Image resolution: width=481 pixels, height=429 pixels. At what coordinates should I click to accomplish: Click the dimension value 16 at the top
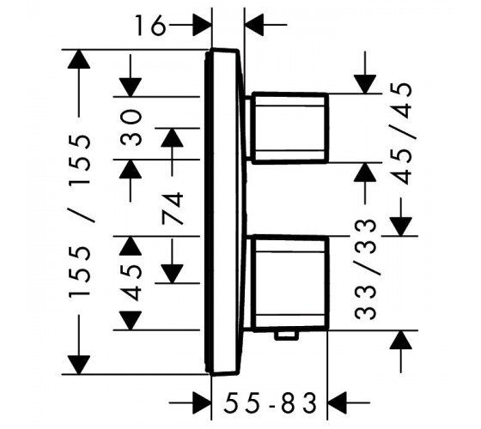[x=150, y=25]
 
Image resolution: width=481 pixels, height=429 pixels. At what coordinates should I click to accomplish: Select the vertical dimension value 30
[x=131, y=128]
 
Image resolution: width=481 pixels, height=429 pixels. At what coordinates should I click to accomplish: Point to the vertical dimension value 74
[x=173, y=208]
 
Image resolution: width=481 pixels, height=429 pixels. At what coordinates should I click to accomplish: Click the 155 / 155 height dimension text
[x=80, y=216]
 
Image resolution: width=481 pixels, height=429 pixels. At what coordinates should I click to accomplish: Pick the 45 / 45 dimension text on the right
[x=402, y=134]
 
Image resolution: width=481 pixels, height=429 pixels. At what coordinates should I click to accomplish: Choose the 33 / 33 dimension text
[x=365, y=269]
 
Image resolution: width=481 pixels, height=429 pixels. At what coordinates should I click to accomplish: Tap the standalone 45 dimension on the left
[x=131, y=283]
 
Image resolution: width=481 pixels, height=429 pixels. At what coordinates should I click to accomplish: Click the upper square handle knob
[x=290, y=127]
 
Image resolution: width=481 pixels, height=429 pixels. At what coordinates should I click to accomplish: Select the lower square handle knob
[x=290, y=283]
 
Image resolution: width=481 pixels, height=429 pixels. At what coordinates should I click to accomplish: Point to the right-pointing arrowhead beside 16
[x=202, y=25]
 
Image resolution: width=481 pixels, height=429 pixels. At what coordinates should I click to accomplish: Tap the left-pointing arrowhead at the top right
[x=255, y=25]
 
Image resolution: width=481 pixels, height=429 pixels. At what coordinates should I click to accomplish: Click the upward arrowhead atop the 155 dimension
[x=79, y=59]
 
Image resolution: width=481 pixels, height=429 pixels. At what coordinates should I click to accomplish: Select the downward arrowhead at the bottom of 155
[x=79, y=365]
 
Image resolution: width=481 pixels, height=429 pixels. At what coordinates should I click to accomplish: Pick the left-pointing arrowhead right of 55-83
[x=338, y=402]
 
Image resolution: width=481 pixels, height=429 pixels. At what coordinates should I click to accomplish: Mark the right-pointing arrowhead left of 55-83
[x=202, y=402]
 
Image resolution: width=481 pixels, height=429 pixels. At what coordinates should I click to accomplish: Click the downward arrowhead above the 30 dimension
[x=131, y=88]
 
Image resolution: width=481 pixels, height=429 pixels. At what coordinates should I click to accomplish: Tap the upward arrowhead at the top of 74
[x=172, y=137]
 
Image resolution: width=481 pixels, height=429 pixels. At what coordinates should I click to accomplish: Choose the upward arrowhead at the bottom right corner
[x=401, y=340]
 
